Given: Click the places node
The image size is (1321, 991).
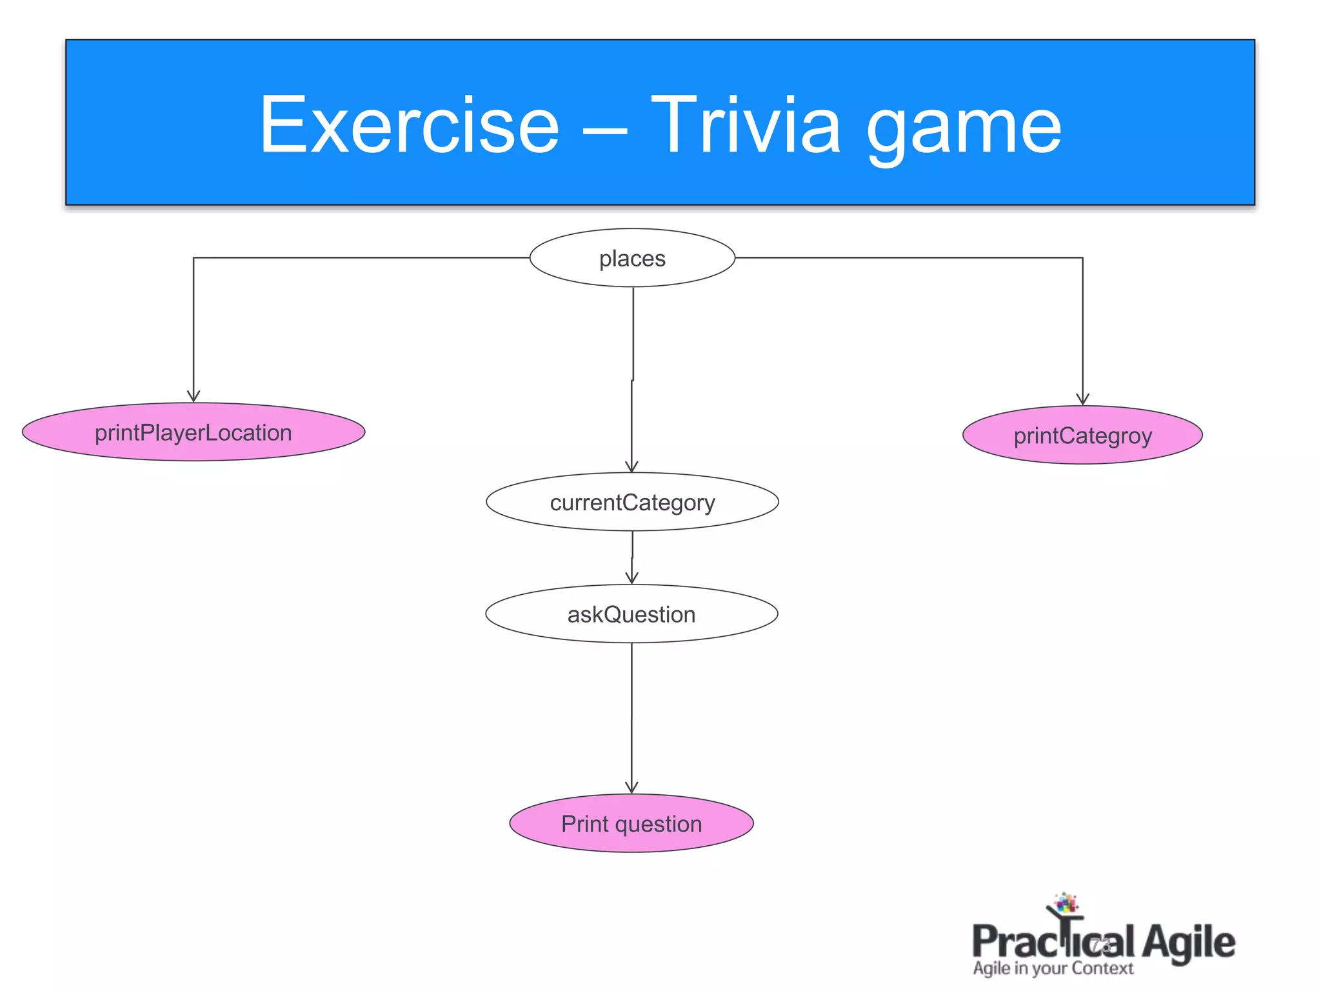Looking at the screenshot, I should pyautogui.click(x=632, y=258).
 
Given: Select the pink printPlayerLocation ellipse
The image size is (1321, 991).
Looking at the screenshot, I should pyautogui.click(x=194, y=432).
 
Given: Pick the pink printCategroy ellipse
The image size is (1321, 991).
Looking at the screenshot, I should pyautogui.click(x=1082, y=435).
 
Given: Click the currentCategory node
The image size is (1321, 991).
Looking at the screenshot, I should pyautogui.click(x=632, y=502).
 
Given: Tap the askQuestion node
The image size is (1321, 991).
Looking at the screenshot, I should pyautogui.click(x=631, y=614).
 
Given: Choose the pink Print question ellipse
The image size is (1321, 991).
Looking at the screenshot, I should pyautogui.click(x=631, y=824).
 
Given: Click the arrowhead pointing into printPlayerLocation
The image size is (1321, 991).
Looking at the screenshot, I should pyautogui.click(x=194, y=396).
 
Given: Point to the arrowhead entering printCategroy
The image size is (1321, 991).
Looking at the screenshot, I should pyautogui.click(x=1082, y=399).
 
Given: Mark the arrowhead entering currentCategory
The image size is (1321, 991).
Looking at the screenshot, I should pyautogui.click(x=632, y=466).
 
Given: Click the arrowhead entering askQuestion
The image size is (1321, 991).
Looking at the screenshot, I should pyautogui.click(x=632, y=578).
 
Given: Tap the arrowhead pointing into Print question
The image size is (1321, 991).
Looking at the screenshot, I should pyautogui.click(x=631, y=787).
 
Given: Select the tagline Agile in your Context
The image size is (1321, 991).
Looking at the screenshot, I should pyautogui.click(x=1053, y=968).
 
